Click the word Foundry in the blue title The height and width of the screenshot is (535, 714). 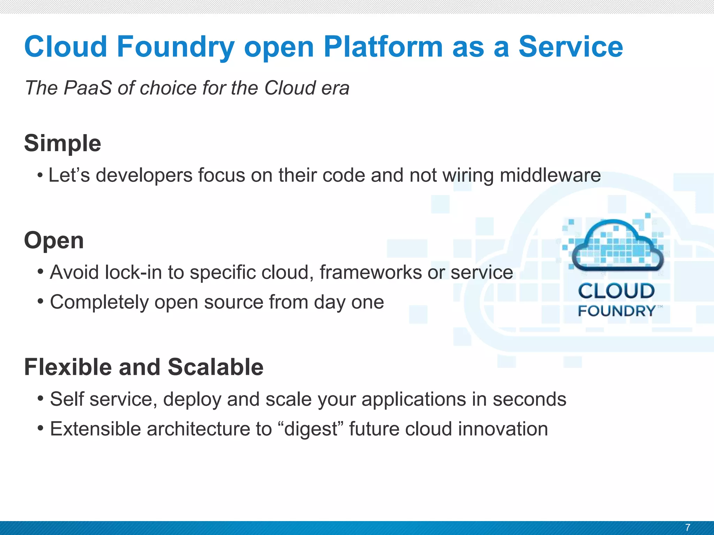pyautogui.click(x=175, y=47)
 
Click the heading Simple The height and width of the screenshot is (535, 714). pyautogui.click(x=63, y=143)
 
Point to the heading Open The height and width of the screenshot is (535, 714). pyautogui.click(x=54, y=240)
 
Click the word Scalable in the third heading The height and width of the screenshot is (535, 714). pyautogui.click(x=215, y=367)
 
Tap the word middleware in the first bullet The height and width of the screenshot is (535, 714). pyautogui.click(x=550, y=175)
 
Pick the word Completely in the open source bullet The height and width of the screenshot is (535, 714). pyautogui.click(x=99, y=302)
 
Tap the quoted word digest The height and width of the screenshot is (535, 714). pyautogui.click(x=311, y=429)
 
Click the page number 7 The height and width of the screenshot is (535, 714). pyautogui.click(x=688, y=527)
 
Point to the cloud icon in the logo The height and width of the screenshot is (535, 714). pyautogui.click(x=617, y=246)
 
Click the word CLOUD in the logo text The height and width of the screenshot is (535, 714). pyautogui.click(x=616, y=291)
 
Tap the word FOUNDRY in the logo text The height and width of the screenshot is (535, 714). pyautogui.click(x=616, y=311)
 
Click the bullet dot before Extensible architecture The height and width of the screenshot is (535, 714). pyautogui.click(x=41, y=428)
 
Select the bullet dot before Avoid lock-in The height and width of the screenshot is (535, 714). pyautogui.click(x=41, y=271)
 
